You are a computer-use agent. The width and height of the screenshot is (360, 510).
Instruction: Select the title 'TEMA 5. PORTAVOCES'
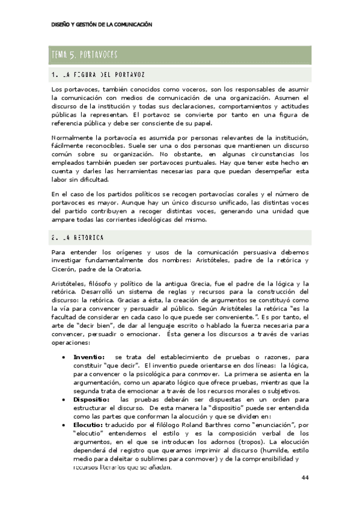tap(84, 55)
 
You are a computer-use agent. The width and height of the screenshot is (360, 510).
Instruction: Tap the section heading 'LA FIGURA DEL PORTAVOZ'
tap(99, 75)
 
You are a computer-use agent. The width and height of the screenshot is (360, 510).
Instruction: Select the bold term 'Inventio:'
tap(88, 357)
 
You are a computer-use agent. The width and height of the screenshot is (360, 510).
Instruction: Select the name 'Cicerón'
tap(64, 269)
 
